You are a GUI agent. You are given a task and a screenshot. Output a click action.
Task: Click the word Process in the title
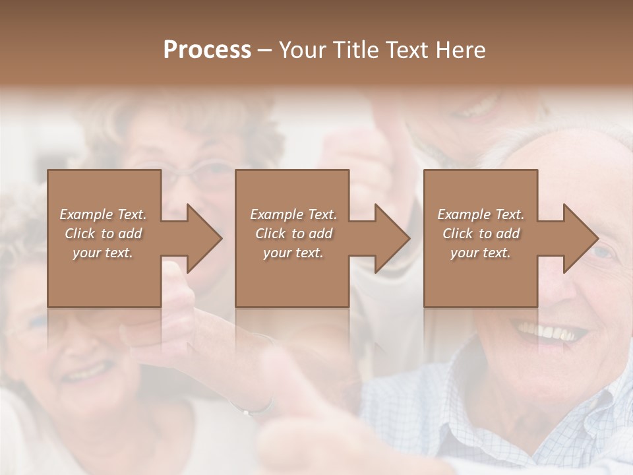(x=207, y=50)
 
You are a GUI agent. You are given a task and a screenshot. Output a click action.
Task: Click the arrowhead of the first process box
(x=204, y=238)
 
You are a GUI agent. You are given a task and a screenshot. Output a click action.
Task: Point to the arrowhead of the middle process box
(x=392, y=238)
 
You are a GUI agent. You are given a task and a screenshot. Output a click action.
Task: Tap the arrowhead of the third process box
(x=581, y=238)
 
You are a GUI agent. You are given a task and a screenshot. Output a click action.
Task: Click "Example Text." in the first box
(x=103, y=214)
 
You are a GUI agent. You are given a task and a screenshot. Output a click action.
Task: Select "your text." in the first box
(x=103, y=253)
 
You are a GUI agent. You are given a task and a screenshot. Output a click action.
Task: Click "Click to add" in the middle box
(x=293, y=234)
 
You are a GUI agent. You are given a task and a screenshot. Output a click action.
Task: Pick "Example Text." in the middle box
(x=293, y=214)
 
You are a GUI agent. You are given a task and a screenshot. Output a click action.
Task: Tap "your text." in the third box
(x=481, y=253)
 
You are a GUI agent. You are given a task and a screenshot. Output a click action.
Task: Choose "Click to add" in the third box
(x=481, y=234)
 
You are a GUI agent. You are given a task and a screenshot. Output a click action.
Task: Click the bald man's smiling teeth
(x=551, y=332)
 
